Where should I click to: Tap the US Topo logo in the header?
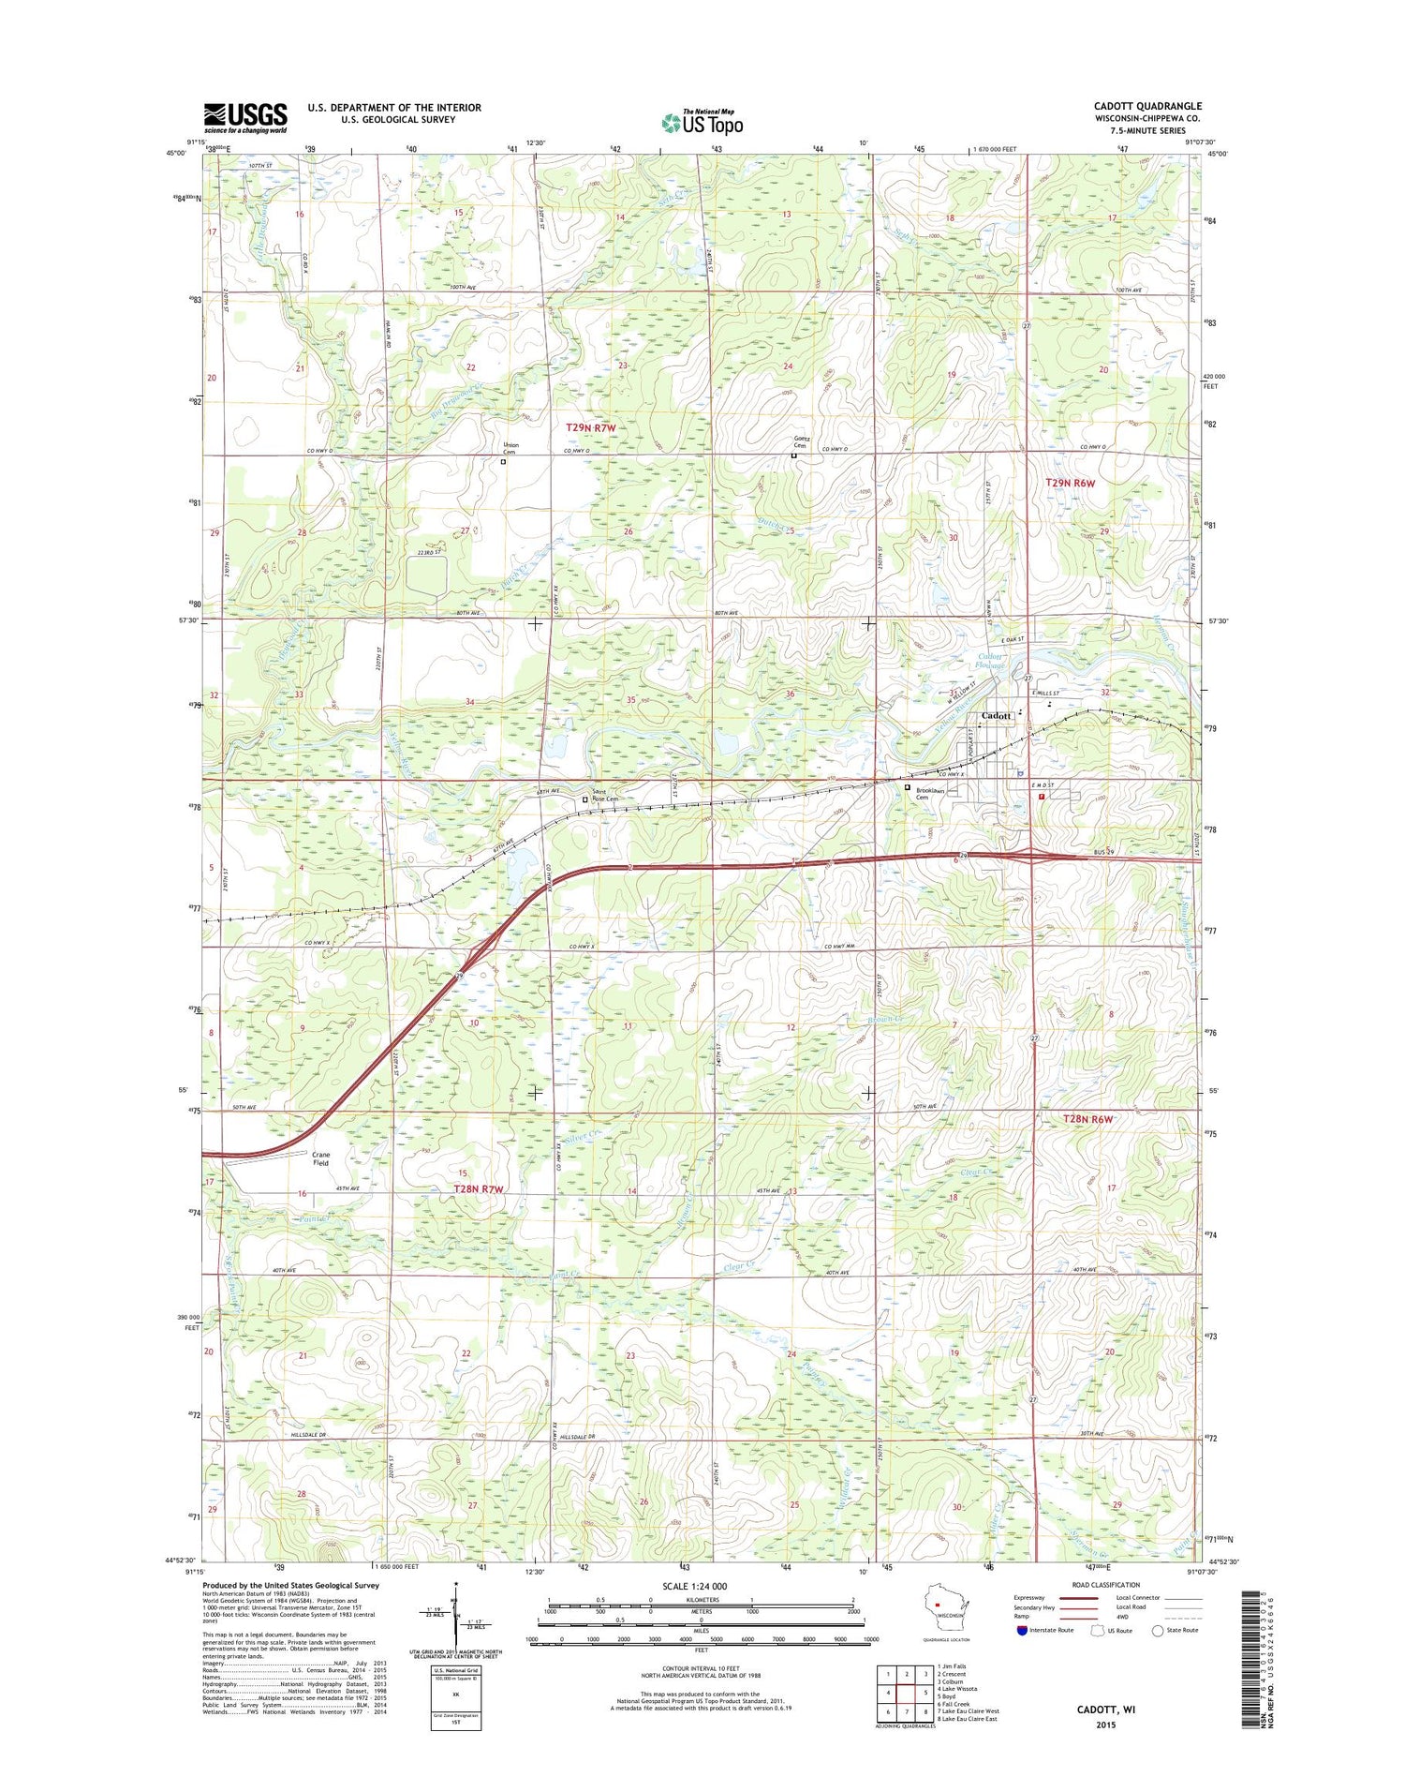pyautogui.click(x=702, y=122)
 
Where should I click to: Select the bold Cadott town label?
pyautogui.click(x=995, y=715)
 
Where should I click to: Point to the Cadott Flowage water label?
pyautogui.click(x=990, y=661)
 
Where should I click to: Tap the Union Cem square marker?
pyautogui.click(x=503, y=461)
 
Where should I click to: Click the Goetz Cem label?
pyautogui.click(x=802, y=441)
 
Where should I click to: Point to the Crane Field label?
pyautogui.click(x=321, y=1158)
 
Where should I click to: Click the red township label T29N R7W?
pyautogui.click(x=591, y=427)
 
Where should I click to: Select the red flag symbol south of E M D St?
pyautogui.click(x=1042, y=795)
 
